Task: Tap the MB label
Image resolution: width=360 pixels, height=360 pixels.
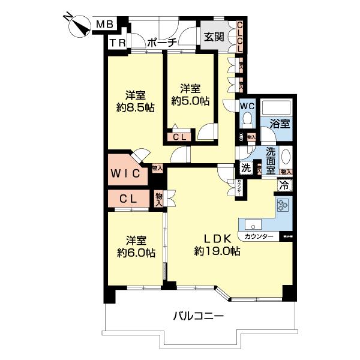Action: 105,24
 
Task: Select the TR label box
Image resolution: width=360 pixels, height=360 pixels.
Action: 116,43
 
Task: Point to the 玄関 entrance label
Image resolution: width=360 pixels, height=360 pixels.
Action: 214,37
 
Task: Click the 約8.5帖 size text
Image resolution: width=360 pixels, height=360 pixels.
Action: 134,108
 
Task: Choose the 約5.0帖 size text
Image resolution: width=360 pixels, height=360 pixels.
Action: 190,101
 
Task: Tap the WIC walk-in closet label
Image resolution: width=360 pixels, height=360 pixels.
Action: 125,174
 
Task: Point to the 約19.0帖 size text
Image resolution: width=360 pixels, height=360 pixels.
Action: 217,252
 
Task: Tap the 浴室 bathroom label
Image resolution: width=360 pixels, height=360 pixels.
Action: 280,124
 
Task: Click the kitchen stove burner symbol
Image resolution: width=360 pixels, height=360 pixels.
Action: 283,207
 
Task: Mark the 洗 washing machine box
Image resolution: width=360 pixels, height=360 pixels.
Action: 247,169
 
